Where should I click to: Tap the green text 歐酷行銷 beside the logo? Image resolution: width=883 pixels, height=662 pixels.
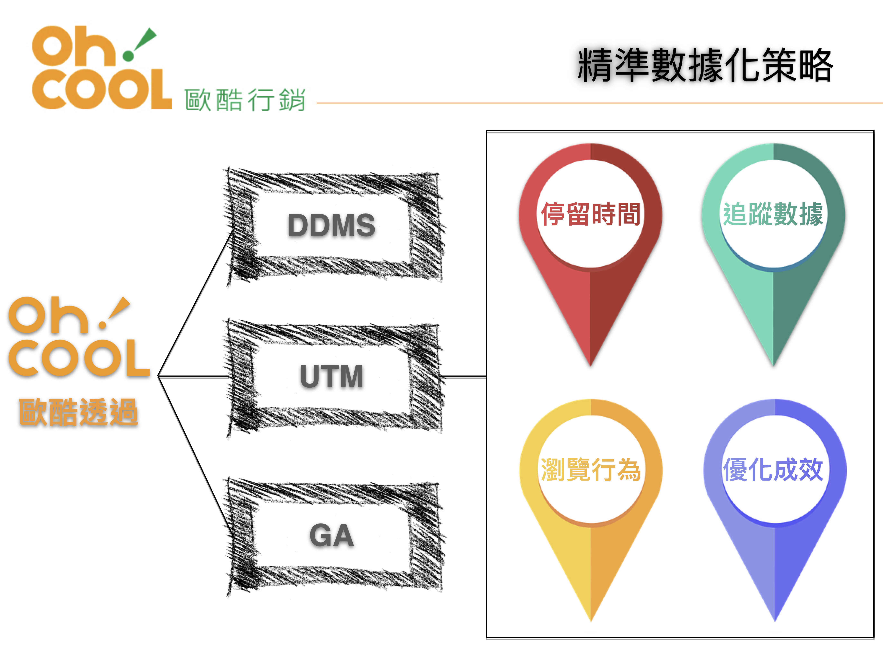(x=245, y=100)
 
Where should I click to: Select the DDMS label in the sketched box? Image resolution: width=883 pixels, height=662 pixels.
(x=331, y=225)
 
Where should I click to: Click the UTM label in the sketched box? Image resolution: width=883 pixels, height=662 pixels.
(x=331, y=376)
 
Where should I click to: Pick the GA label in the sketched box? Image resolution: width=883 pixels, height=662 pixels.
(x=331, y=536)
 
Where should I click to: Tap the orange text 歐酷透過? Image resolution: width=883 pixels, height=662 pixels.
(x=79, y=412)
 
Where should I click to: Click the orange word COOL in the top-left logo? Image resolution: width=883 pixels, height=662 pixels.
(x=102, y=90)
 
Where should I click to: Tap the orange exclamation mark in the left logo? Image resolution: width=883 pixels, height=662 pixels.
(x=116, y=311)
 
